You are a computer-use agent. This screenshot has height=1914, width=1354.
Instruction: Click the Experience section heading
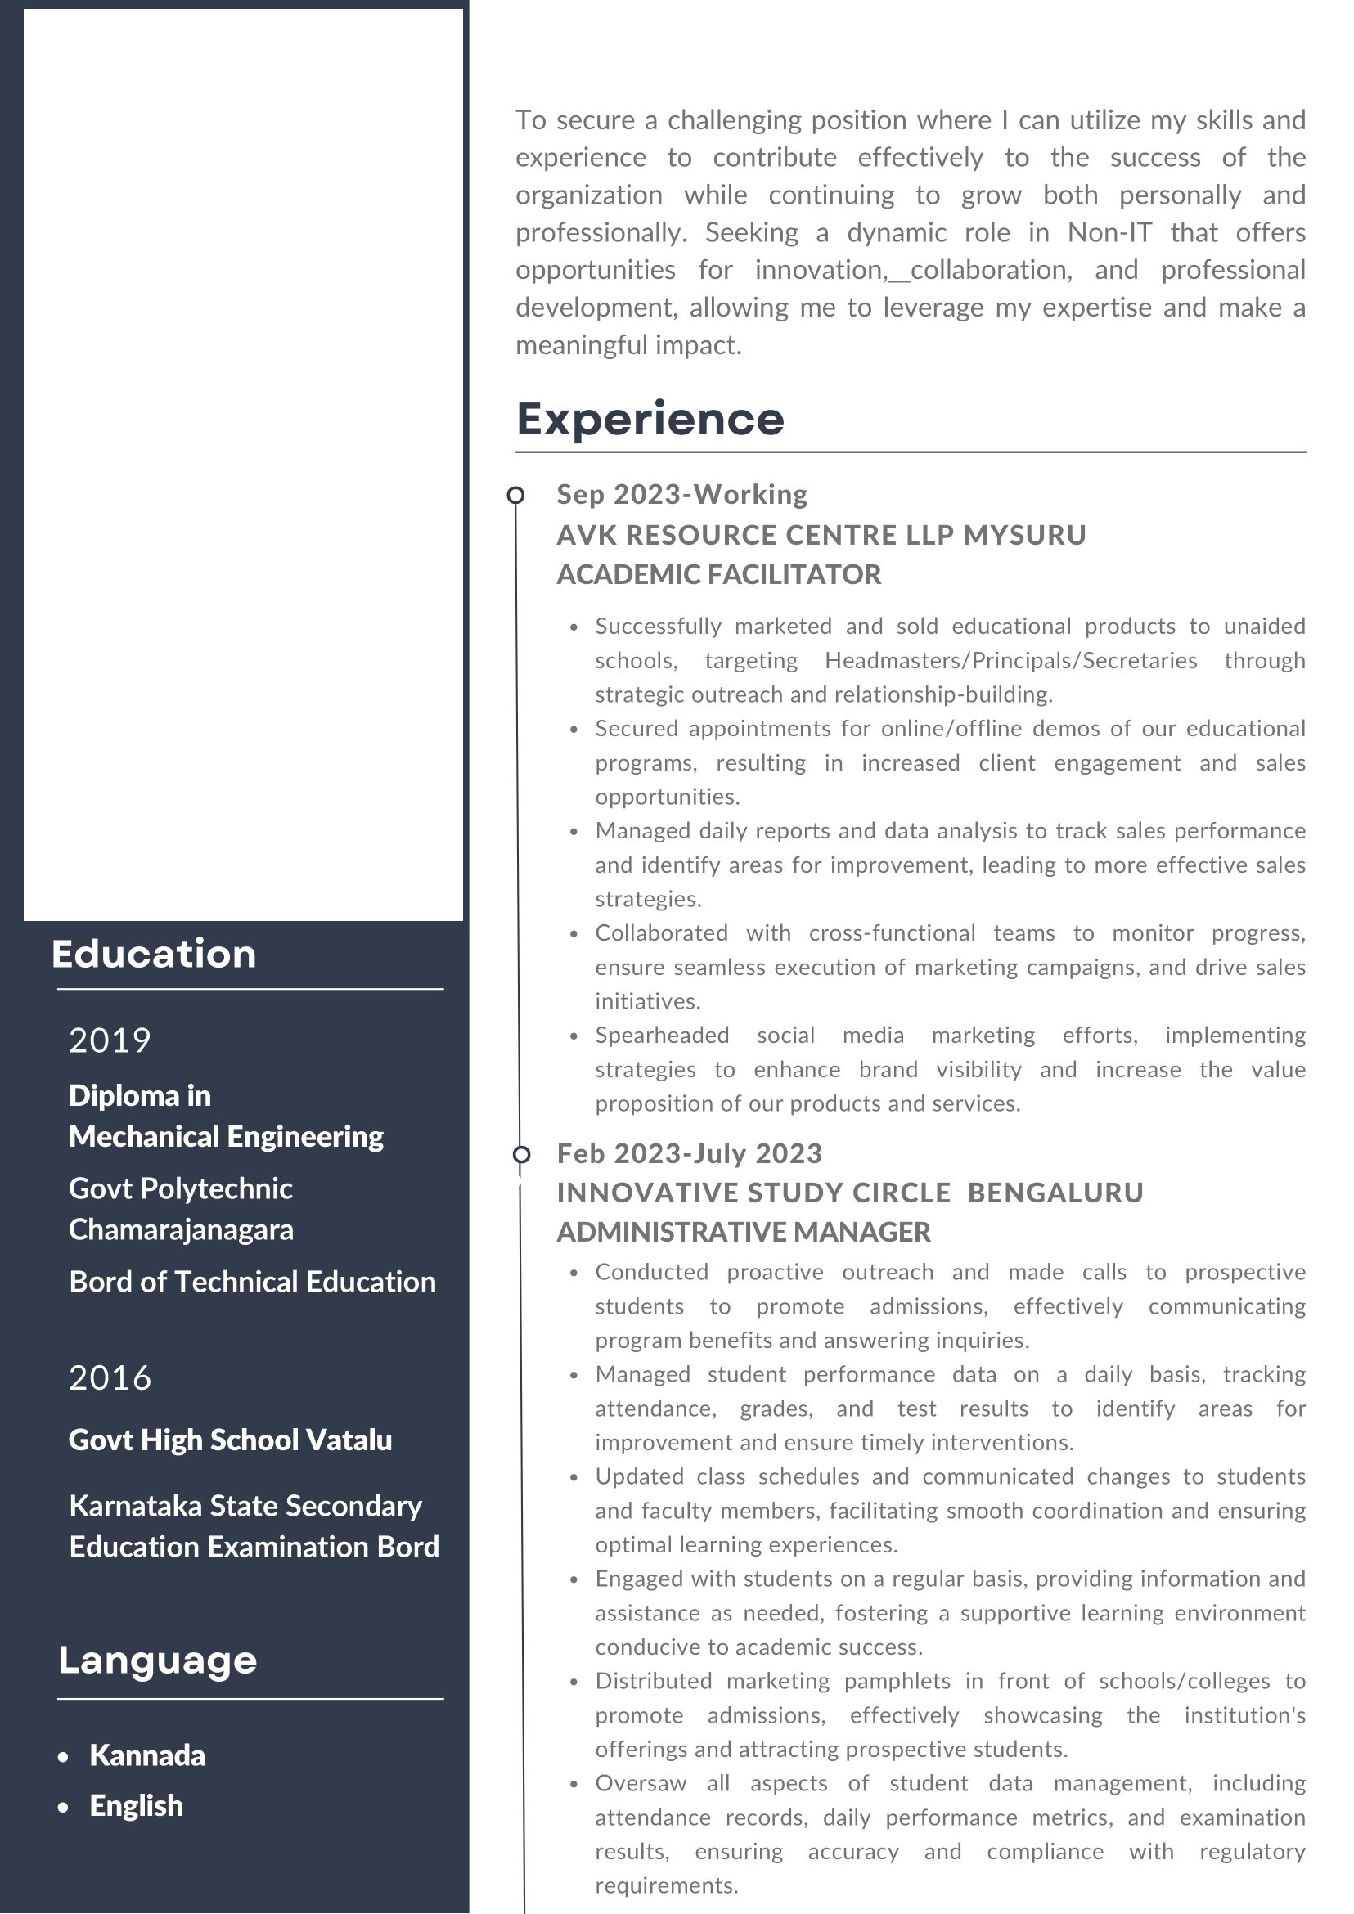tap(650, 420)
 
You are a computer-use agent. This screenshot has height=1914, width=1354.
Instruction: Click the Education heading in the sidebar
tap(155, 955)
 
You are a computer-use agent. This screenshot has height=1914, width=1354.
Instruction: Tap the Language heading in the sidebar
tap(158, 1660)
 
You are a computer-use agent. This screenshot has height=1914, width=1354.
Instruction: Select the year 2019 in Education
tap(110, 1040)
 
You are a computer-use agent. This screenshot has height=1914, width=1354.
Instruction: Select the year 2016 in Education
tap(110, 1378)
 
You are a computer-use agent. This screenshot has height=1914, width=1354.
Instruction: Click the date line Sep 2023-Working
tap(682, 494)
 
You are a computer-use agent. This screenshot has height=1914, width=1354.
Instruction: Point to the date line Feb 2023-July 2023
tap(690, 1154)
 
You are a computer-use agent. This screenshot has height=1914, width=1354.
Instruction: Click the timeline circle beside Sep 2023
tap(516, 496)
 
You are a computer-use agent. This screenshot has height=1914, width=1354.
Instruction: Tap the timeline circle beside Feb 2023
tap(521, 1155)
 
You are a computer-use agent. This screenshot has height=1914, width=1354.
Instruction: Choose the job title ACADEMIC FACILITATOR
tap(718, 574)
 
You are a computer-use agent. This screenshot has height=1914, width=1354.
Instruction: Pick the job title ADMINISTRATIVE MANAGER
tap(744, 1232)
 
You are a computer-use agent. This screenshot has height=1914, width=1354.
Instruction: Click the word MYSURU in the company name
tap(1024, 535)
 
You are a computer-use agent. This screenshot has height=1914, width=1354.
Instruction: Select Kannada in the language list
tap(147, 1755)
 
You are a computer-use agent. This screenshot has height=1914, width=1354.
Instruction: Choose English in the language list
tap(137, 1806)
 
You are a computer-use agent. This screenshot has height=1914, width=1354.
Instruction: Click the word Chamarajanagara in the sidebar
tap(181, 1229)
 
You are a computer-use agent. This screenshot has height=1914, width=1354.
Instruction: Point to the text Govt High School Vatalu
tap(230, 1440)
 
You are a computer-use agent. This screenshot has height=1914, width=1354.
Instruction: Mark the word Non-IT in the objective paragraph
tap(1109, 232)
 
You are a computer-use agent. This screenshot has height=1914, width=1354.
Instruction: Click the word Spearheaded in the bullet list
tap(662, 1036)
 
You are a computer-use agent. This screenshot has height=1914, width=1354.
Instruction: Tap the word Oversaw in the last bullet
tap(641, 1783)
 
